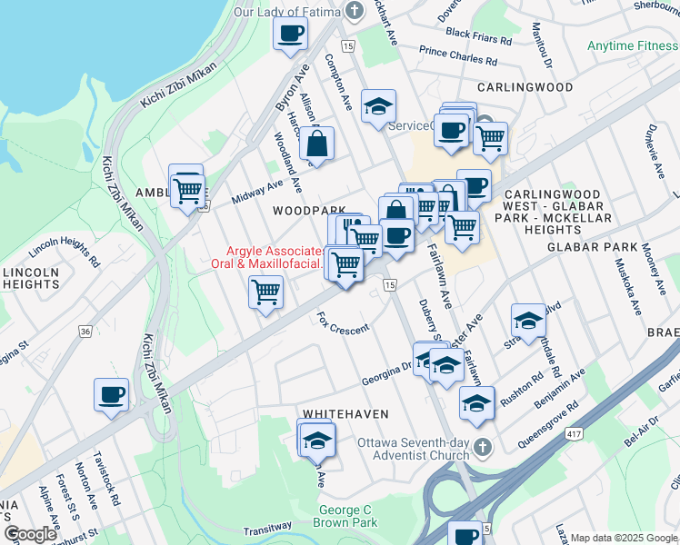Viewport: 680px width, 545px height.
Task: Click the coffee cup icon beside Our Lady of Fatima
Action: point(290,34)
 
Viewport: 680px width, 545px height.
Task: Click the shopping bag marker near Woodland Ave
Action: point(316,144)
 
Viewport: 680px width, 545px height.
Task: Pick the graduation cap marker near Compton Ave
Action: point(378,107)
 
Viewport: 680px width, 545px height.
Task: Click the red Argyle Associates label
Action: point(274,257)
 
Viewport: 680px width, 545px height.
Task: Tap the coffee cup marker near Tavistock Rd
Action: point(111,395)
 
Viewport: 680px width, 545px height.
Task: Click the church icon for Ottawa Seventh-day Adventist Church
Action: point(484,448)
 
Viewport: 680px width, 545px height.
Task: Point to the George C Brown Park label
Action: point(345,516)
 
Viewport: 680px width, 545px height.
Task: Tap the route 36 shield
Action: point(85,332)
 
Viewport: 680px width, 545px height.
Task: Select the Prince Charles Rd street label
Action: point(458,57)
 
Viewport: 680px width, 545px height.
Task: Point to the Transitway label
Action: point(267,529)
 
